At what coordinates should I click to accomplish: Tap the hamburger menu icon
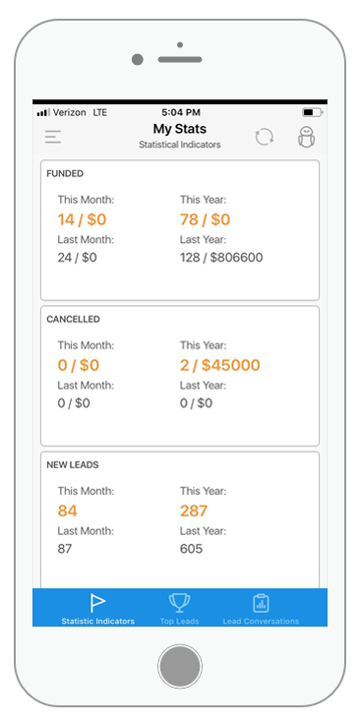pyautogui.click(x=53, y=137)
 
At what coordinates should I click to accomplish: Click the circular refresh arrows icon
pyautogui.click(x=265, y=138)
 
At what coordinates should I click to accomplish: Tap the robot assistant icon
pyautogui.click(x=306, y=138)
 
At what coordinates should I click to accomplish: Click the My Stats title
pyautogui.click(x=180, y=129)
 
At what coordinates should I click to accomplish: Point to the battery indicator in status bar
pyautogui.click(x=313, y=112)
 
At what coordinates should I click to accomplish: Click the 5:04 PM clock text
pyautogui.click(x=181, y=112)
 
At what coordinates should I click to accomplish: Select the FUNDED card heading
pyautogui.click(x=65, y=174)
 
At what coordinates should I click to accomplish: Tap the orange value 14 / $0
pyautogui.click(x=82, y=219)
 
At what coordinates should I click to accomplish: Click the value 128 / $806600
pyautogui.click(x=221, y=258)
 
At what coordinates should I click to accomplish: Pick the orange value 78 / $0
pyautogui.click(x=206, y=219)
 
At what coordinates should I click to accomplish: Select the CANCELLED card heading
pyautogui.click(x=73, y=320)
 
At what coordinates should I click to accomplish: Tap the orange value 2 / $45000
pyautogui.click(x=220, y=365)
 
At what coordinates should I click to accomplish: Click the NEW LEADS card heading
pyautogui.click(x=73, y=465)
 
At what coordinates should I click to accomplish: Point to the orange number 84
pyautogui.click(x=68, y=511)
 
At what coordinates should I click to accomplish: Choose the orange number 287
pyautogui.click(x=194, y=511)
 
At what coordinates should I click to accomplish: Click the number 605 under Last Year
pyautogui.click(x=192, y=549)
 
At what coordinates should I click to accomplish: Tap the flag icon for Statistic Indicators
pyautogui.click(x=97, y=602)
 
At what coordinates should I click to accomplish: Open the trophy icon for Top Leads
pyautogui.click(x=179, y=603)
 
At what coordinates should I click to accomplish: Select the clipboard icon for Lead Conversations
pyautogui.click(x=261, y=603)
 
